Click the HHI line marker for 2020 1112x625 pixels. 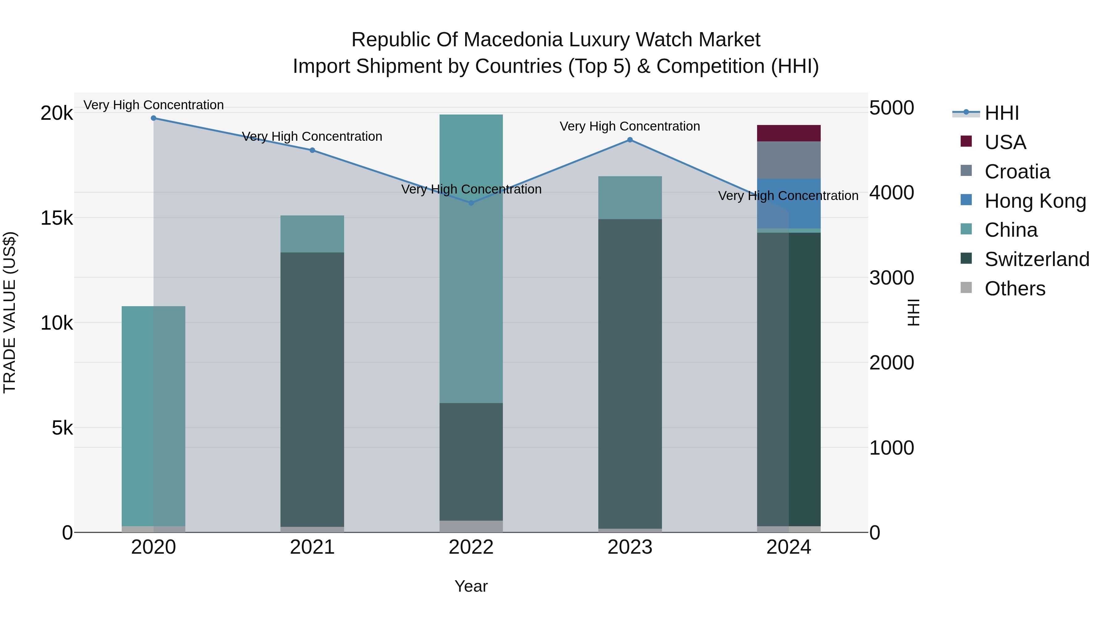coord(154,118)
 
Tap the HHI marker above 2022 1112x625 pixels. coord(471,203)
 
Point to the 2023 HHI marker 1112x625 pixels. coord(630,140)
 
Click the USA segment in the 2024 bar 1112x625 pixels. coord(789,133)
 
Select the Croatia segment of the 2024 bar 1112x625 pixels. coord(789,160)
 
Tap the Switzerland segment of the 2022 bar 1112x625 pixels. coord(471,461)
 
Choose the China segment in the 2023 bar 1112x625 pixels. coord(630,198)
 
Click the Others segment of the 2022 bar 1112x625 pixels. coord(471,526)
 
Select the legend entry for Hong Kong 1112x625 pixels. coord(1035,201)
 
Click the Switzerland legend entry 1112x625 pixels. coord(1037,259)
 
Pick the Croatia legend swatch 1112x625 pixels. coord(966,171)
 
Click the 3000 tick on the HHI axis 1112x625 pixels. coord(892,278)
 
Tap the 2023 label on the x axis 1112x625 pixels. coord(630,547)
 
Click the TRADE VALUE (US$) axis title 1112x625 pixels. coord(10,312)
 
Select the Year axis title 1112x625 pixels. coord(471,586)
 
